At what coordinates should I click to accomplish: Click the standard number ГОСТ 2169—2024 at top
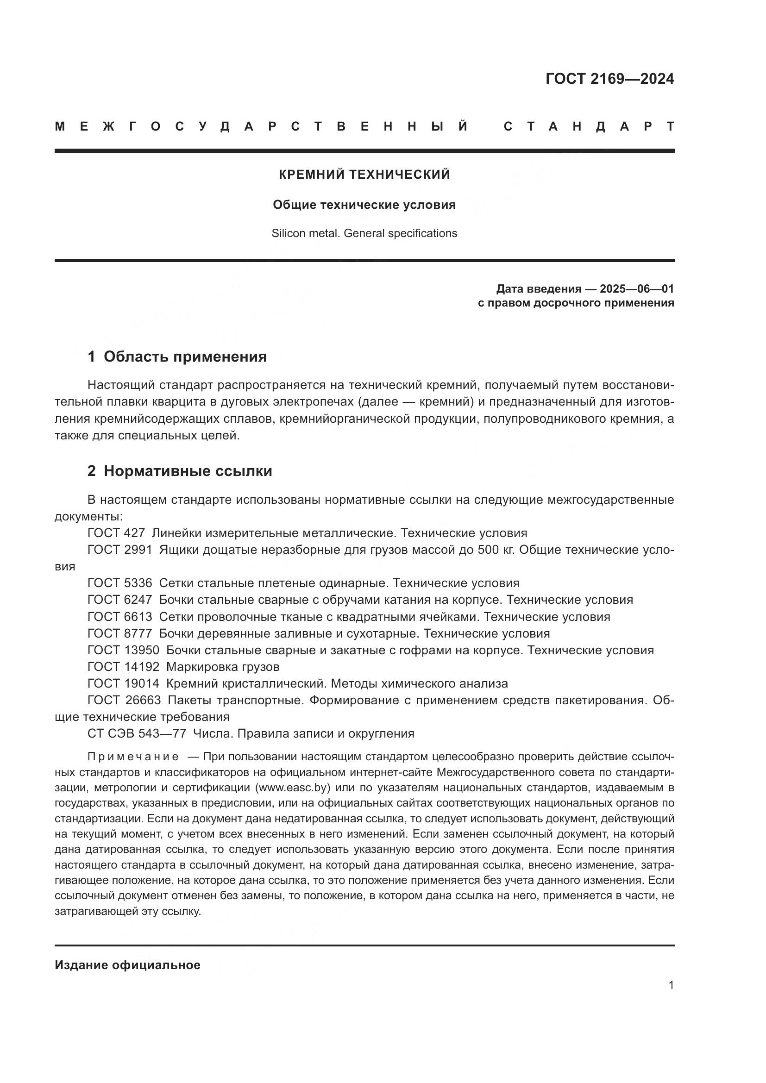tap(609, 79)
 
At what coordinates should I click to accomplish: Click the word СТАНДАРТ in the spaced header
tap(589, 126)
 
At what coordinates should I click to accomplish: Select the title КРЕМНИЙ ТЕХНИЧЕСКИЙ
tap(364, 175)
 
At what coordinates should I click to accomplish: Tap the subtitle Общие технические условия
tap(364, 205)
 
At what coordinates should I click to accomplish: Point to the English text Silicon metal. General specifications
tap(364, 233)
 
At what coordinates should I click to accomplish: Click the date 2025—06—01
tap(636, 288)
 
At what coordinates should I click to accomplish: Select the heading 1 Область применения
tap(177, 357)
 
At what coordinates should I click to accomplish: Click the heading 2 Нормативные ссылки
tap(180, 471)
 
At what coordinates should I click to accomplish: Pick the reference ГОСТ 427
tap(116, 533)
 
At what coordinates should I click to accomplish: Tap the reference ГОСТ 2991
tap(120, 550)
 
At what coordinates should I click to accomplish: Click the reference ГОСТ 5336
tap(120, 583)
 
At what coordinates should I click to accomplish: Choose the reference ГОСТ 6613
tap(120, 616)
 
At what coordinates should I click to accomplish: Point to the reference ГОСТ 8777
tap(120, 633)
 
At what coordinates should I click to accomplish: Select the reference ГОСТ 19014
tap(123, 683)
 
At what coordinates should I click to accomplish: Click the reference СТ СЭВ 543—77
tap(137, 733)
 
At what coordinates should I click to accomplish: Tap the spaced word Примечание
tap(133, 757)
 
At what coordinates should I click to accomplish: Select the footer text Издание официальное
tap(127, 965)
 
